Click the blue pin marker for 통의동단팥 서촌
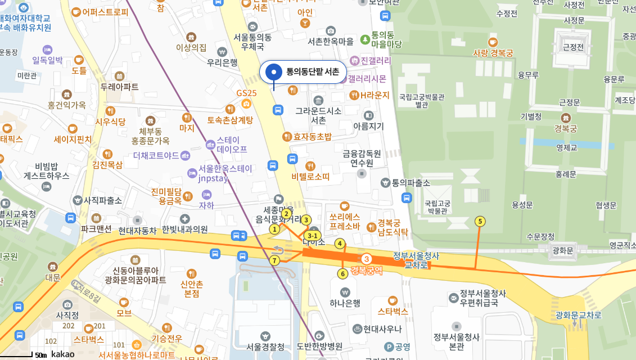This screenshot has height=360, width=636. point(274,72)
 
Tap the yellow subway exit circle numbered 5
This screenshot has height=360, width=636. point(480,221)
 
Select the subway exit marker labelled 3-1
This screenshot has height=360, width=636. point(312,236)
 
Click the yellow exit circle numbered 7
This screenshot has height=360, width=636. point(274,260)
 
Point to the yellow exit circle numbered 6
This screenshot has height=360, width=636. point(342,274)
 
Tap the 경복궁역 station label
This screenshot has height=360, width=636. point(366,271)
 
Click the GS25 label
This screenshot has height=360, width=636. point(246,93)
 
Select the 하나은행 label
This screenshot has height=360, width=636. point(345,303)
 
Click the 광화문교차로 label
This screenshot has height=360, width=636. point(578,315)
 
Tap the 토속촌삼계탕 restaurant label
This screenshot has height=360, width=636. point(230,120)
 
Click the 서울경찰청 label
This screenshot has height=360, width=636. point(265,346)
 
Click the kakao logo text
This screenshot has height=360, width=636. point(62,354)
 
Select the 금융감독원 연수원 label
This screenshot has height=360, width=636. point(362,158)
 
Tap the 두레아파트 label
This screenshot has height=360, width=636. point(119,87)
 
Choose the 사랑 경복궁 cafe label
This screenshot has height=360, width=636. point(493,53)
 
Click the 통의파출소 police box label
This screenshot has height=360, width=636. point(411,183)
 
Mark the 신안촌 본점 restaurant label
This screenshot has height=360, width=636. point(192,289)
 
